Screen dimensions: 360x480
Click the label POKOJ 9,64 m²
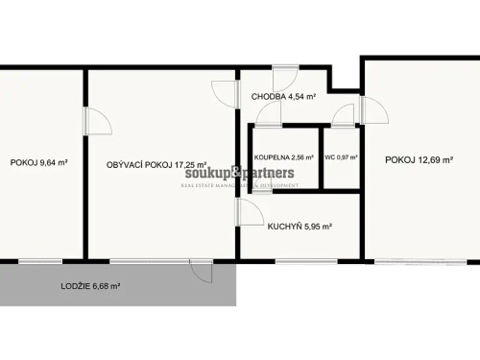tap(38, 163)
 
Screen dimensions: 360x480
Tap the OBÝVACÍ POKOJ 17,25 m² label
tap(157, 165)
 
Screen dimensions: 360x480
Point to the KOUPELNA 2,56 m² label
tap(284, 157)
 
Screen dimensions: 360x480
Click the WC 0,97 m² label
tap(341, 157)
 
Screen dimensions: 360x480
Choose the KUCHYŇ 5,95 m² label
tap(299, 227)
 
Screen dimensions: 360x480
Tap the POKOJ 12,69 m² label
tap(420, 159)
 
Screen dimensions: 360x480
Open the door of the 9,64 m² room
tap(96, 123)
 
